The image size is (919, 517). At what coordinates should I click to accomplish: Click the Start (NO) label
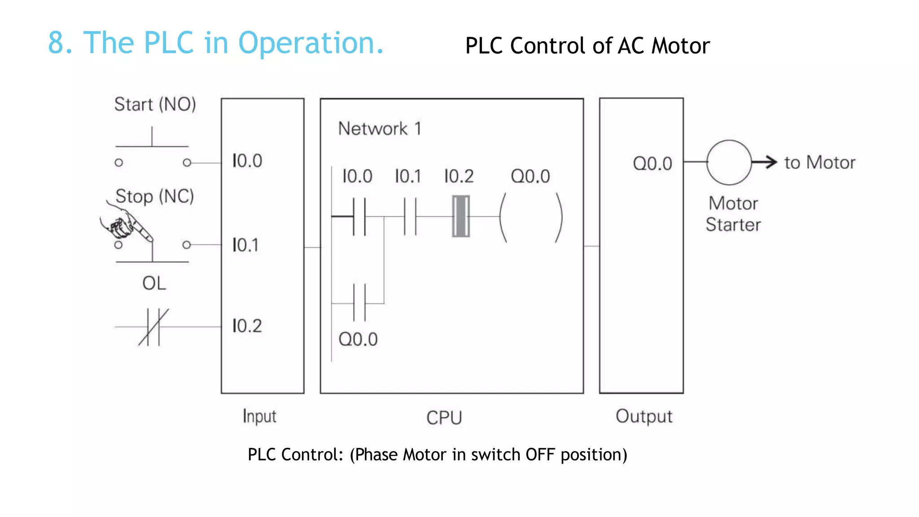click(x=155, y=105)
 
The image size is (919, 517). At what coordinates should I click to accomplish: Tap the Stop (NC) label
click(x=154, y=197)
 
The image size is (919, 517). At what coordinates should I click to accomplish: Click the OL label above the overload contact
click(x=154, y=283)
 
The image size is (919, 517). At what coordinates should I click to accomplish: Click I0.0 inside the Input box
click(x=247, y=161)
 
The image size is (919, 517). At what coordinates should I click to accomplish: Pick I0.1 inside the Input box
click(x=245, y=245)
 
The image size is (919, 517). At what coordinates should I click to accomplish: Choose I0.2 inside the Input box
click(x=247, y=326)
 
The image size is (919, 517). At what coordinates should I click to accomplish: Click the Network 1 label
click(x=380, y=129)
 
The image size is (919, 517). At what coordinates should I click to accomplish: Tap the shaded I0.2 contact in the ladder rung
click(x=460, y=216)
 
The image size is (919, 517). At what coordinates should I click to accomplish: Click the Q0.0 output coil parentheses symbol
click(x=531, y=217)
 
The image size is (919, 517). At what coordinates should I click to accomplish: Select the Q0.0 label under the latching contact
click(x=358, y=339)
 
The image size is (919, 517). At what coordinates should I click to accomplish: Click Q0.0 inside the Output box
click(x=652, y=163)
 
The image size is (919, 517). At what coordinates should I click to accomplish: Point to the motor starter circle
click(x=729, y=162)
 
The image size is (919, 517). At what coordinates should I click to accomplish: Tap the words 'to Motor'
click(x=819, y=162)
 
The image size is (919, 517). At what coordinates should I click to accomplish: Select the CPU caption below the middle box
click(x=444, y=418)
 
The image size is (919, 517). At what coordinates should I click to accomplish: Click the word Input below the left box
click(x=259, y=416)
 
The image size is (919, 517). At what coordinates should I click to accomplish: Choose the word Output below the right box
click(x=644, y=416)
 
